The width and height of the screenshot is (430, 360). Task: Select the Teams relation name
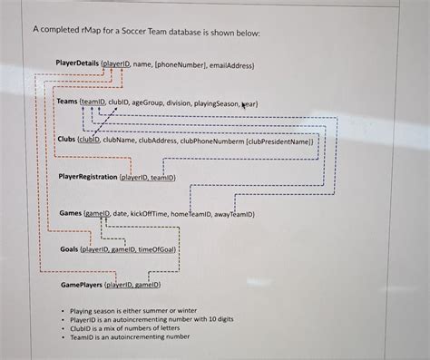(x=67, y=102)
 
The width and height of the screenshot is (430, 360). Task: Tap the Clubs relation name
(x=66, y=141)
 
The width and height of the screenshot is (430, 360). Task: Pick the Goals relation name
(x=69, y=248)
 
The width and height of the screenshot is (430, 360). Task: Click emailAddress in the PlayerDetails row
(x=229, y=65)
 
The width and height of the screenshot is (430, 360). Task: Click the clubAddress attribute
(x=157, y=141)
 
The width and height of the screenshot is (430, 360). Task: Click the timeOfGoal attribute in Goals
(x=158, y=248)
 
